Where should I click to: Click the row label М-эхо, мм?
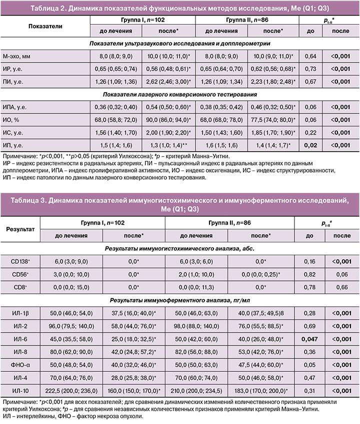coord(17,57)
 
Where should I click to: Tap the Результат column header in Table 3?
coord(20,230)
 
